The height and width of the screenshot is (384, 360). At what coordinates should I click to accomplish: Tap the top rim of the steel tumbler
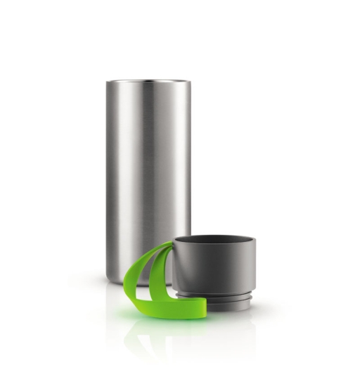tap(148, 82)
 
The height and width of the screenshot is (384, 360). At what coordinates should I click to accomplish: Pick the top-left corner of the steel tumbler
tap(108, 82)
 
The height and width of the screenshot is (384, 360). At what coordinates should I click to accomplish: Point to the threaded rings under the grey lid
tap(224, 299)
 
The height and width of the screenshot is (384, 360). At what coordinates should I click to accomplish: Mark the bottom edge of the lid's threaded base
tap(224, 309)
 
